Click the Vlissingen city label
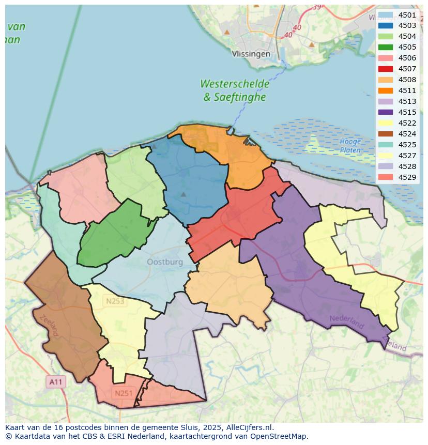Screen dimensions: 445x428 point(251,54)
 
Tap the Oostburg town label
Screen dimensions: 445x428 point(165,262)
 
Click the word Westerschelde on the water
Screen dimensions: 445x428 point(235,84)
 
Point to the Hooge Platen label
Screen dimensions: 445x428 point(350,146)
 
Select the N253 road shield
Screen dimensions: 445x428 point(115,301)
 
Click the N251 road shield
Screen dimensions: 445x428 point(124,393)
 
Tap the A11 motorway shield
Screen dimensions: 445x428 point(56,382)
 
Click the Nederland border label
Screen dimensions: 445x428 point(346,322)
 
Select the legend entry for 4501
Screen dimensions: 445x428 point(398,14)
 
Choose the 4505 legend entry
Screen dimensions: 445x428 point(398,47)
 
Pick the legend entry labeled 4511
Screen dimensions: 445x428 point(398,90)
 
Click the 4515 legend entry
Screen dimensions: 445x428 point(398,112)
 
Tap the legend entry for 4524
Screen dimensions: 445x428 point(398,134)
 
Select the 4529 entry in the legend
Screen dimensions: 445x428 point(398,177)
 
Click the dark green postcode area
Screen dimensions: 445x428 point(111,235)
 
